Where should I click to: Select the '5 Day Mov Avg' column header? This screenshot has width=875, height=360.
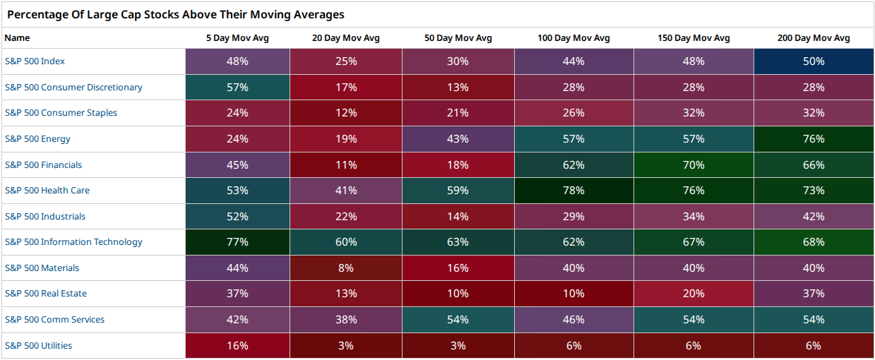(x=237, y=38)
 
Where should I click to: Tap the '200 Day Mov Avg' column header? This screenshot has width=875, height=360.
(x=814, y=38)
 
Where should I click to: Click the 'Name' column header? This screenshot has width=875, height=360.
(x=17, y=38)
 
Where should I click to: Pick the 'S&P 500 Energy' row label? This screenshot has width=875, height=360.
(x=37, y=139)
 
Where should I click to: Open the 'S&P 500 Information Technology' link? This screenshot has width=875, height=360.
(x=73, y=242)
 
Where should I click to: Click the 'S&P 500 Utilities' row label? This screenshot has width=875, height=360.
(x=38, y=346)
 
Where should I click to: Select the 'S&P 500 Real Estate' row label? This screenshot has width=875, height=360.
(x=46, y=294)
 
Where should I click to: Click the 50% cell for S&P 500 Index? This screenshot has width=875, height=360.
(x=814, y=61)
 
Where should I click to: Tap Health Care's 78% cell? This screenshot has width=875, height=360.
(x=574, y=191)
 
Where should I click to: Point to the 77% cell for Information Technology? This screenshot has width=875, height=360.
(x=237, y=242)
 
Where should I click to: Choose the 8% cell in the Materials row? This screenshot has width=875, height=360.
(x=346, y=268)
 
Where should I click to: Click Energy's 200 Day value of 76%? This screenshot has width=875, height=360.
(x=814, y=139)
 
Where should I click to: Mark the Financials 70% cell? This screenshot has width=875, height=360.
(x=694, y=164)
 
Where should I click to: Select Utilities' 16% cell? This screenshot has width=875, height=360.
(x=237, y=346)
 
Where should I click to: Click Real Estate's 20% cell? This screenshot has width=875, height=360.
(x=694, y=294)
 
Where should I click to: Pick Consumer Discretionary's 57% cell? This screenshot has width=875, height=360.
(x=237, y=87)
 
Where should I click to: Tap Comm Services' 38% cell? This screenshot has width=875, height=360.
(x=346, y=320)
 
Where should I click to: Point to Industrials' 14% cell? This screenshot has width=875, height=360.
(x=458, y=216)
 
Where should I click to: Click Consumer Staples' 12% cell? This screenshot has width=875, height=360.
(x=346, y=113)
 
